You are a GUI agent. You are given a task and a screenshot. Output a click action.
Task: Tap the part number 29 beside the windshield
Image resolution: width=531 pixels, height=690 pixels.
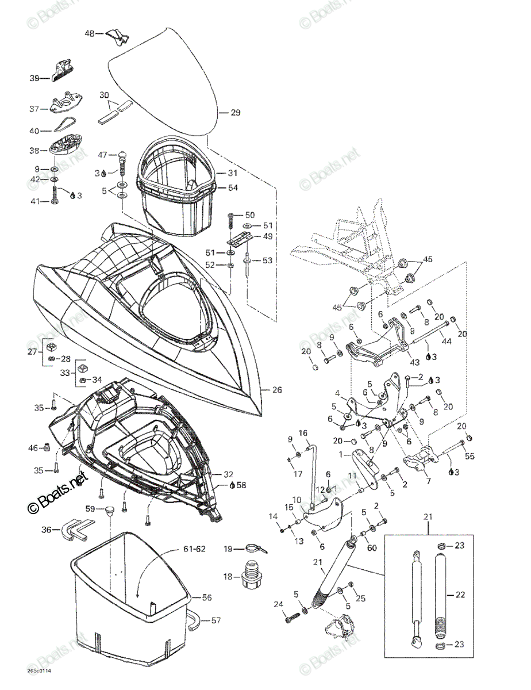[x=235, y=112]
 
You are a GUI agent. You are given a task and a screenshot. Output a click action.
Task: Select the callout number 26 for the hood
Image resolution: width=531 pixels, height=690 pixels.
[x=277, y=390]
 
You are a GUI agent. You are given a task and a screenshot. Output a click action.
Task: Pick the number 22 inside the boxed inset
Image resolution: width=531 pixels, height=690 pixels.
[x=460, y=595]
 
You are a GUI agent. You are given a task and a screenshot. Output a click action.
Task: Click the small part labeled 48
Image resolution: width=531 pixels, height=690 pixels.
[x=117, y=36]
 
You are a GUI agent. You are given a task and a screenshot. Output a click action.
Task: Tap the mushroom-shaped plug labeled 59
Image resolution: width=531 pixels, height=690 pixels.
[x=109, y=510]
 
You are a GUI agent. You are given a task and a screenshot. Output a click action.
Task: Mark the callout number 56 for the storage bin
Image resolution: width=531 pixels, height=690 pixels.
[x=207, y=597]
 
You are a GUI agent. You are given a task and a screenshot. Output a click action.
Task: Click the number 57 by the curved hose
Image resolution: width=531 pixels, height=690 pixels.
[x=216, y=620]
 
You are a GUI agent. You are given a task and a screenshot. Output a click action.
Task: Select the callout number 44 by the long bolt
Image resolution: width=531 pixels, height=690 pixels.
[x=447, y=341]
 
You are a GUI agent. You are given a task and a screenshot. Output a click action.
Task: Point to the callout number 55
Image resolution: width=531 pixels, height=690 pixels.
[x=470, y=456]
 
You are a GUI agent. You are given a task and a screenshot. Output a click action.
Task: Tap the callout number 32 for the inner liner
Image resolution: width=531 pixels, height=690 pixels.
[x=228, y=474]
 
